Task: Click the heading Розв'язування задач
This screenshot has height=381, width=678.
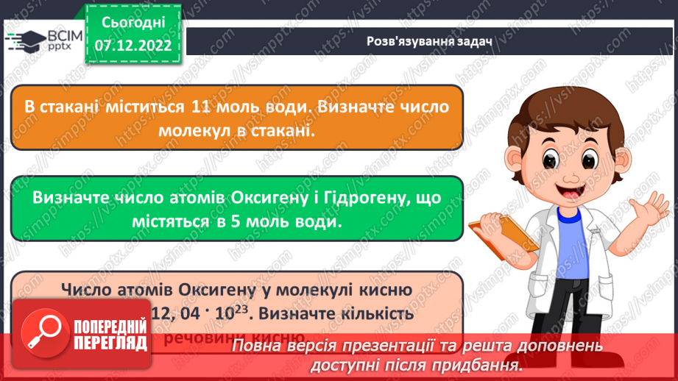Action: point(429,40)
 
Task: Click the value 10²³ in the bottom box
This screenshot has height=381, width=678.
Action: point(234,313)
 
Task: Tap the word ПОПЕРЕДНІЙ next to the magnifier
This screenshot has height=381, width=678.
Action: point(110,324)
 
